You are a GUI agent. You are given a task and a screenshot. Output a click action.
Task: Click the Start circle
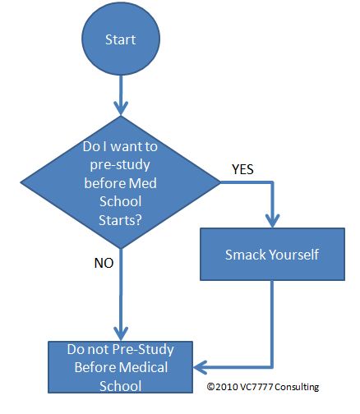point(121,38)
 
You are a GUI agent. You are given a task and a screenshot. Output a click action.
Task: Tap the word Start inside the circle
point(121,39)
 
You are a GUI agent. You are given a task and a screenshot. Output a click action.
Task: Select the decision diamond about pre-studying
point(121,182)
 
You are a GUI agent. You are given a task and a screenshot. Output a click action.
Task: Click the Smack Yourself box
point(272,254)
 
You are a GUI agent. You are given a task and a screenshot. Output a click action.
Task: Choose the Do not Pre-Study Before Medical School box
point(121,367)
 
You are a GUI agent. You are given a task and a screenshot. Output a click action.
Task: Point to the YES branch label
point(242,169)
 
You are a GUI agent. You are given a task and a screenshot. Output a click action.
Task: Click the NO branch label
point(104,263)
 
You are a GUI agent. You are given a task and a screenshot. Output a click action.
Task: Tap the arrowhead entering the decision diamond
point(121,108)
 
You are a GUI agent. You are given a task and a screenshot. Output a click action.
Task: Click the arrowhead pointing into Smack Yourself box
point(272,221)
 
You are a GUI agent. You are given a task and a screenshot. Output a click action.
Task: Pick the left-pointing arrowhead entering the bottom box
point(200,367)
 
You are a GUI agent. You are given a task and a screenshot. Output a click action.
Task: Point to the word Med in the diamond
point(142,183)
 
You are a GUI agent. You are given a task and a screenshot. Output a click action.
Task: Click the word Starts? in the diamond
point(121,220)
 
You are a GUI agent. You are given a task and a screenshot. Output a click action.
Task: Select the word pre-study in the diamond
point(120,165)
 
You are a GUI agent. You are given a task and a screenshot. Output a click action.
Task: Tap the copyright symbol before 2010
point(210,387)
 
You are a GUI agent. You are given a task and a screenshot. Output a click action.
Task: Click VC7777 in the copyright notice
point(256,387)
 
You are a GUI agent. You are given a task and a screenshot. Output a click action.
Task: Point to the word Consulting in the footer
point(297,387)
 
